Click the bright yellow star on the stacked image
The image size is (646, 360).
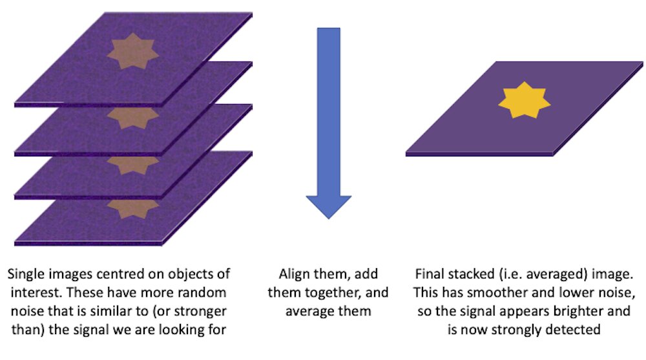pos(524,100)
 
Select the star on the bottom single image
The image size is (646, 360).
pos(133,207)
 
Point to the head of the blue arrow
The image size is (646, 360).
pos(328,207)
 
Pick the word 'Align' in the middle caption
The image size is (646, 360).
pos(295,274)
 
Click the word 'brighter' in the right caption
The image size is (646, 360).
pos(579,312)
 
